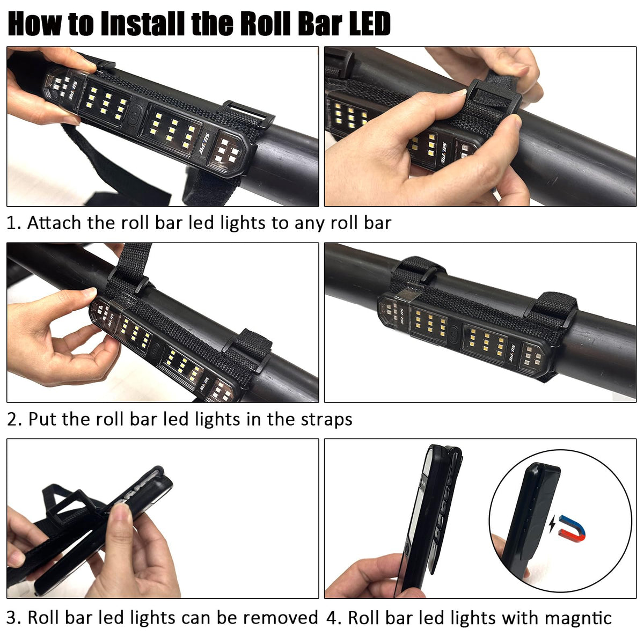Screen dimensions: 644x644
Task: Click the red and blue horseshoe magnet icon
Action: click(573, 529)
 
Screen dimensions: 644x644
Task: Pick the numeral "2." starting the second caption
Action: click(14, 420)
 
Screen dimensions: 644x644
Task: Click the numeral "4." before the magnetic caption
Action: click(333, 618)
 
